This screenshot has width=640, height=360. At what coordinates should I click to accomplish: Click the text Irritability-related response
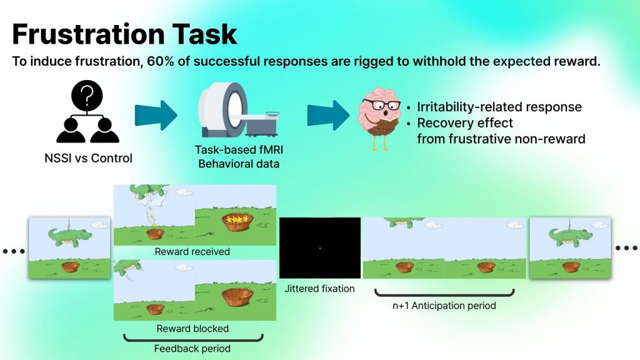[x=499, y=107]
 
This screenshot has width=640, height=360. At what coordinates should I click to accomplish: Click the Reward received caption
[x=194, y=252]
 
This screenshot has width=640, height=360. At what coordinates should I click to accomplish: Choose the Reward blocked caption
[x=192, y=328]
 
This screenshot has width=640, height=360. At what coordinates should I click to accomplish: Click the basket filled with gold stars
[x=237, y=222]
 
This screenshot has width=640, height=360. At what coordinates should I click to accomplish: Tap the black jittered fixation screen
[x=320, y=247]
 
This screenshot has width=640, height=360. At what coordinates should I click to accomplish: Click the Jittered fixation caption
[x=319, y=289]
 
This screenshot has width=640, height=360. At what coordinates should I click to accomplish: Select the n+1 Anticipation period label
[x=444, y=306]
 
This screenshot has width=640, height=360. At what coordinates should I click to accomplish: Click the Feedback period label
[x=192, y=348]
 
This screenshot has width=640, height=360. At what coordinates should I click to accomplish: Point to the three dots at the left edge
[x=13, y=252]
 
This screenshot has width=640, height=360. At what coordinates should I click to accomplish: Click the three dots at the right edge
[x=626, y=248]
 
